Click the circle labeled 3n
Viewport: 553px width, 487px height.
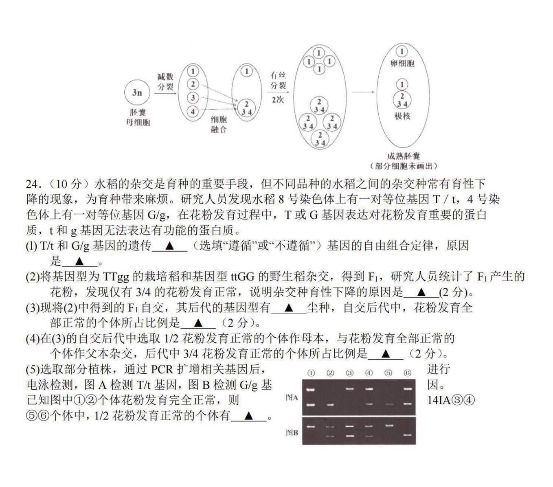(137, 92)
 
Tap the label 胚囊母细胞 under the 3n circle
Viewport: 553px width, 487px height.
(138, 117)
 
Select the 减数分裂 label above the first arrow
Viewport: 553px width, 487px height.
(165, 81)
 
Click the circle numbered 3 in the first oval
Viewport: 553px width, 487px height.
(193, 97)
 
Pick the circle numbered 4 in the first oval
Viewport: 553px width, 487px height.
(193, 112)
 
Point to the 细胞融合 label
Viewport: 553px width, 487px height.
(219, 124)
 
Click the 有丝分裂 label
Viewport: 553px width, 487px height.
(278, 80)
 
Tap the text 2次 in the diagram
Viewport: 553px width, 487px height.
(278, 100)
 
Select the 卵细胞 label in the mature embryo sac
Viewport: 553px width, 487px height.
(402, 64)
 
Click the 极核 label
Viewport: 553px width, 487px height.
(402, 116)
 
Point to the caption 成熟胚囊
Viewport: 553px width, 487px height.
(403, 156)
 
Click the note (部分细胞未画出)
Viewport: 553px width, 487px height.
(403, 166)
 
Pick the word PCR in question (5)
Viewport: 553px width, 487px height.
(162, 370)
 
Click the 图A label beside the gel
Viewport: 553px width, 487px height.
(291, 398)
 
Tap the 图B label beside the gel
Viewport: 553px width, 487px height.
(291, 432)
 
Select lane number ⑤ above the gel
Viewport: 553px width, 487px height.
(388, 373)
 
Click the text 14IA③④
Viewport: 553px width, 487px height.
(451, 400)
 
